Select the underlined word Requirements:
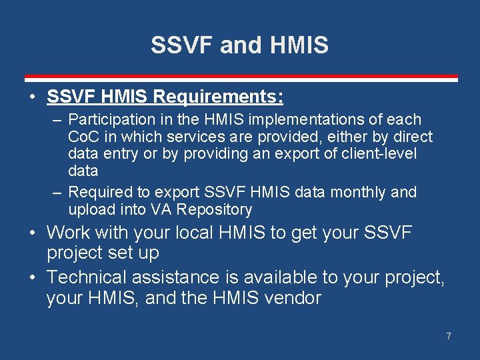coord(218,97)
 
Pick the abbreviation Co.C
coord(83,137)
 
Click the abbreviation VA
coord(163,209)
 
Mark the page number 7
coord(449,336)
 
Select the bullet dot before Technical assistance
coord(33,277)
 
